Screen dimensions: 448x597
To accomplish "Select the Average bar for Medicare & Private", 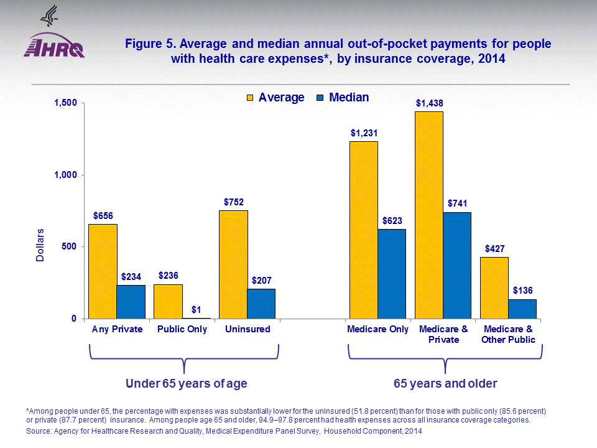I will pyautogui.click(x=429, y=215).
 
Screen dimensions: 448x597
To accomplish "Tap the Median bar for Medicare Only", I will pyautogui.click(x=392, y=274).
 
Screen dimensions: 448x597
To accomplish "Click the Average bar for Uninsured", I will pyautogui.click(x=233, y=264).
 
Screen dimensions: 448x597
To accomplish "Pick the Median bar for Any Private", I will pyautogui.click(x=131, y=302).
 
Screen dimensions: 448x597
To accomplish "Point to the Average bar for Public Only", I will pyautogui.click(x=168, y=302).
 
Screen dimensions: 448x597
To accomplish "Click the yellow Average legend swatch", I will pyautogui.click(x=251, y=98).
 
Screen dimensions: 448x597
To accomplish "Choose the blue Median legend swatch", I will pyautogui.click(x=321, y=98).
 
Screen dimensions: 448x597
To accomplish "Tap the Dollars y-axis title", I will pyautogui.click(x=40, y=245).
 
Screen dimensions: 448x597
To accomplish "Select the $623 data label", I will pyautogui.click(x=392, y=220).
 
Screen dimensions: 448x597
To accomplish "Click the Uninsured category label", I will pyautogui.click(x=248, y=329).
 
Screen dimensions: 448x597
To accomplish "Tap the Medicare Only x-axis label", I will pyautogui.click(x=378, y=329).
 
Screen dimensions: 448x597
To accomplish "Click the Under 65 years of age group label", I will pyautogui.click(x=187, y=384).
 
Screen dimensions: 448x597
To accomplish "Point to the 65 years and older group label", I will pyautogui.click(x=445, y=384).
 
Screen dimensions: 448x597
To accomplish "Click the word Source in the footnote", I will pyautogui.click(x=40, y=431).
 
